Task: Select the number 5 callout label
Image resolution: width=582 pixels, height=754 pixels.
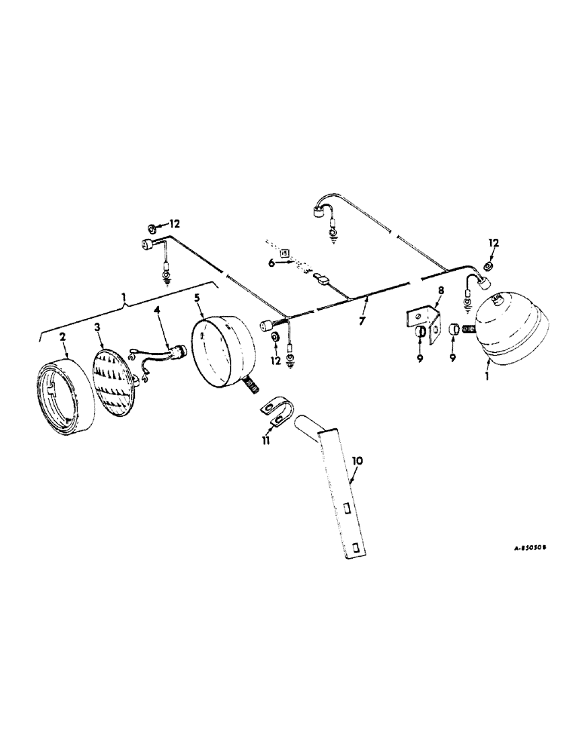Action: (197, 297)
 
